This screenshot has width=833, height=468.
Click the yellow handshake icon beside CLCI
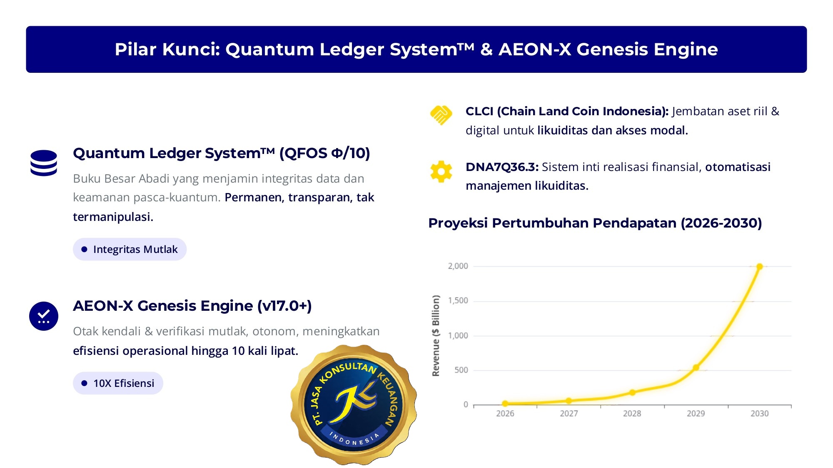(441, 115)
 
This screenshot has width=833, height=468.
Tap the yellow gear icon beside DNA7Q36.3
(441, 171)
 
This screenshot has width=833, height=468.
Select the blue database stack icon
(44, 163)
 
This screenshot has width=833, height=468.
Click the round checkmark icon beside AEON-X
(44, 316)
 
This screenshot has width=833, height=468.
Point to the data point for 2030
(759, 267)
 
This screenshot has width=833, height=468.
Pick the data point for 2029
(696, 367)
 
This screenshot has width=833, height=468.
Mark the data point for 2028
(632, 392)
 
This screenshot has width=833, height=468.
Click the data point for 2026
(505, 404)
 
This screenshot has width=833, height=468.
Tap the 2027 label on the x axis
(569, 414)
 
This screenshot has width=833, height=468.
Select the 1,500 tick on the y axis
(458, 301)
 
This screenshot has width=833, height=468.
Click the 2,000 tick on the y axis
(458, 266)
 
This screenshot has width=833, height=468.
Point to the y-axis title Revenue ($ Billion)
(436, 336)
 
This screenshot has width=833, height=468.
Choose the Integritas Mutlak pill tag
(130, 249)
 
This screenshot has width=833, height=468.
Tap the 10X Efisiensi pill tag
(118, 383)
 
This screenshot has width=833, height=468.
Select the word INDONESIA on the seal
(354, 439)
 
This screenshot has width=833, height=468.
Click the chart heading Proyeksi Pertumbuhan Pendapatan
(595, 223)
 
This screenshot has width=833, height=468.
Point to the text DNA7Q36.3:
(502, 167)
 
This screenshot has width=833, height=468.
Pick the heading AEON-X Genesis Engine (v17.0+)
(192, 306)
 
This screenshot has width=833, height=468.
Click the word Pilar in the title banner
(135, 49)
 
